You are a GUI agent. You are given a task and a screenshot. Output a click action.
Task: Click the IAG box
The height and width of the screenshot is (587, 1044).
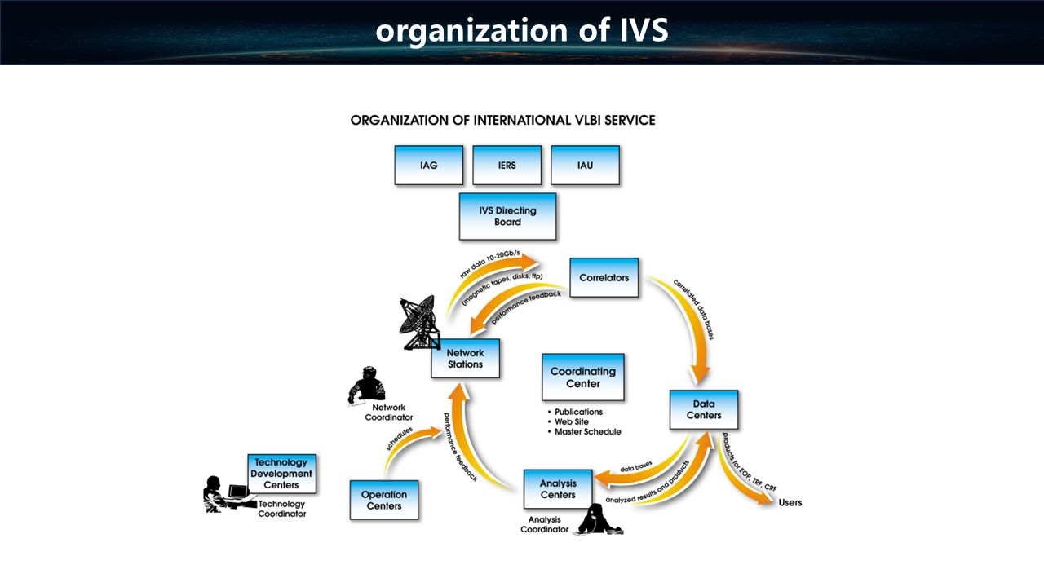(429, 165)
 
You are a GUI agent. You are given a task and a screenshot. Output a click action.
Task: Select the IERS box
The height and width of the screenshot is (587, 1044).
(507, 165)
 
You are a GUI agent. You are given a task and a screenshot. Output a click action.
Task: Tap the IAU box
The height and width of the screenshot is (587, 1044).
(585, 165)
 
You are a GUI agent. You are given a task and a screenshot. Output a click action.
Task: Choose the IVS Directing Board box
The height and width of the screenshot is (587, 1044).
(507, 216)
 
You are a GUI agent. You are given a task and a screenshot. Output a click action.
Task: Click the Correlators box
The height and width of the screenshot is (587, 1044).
(604, 278)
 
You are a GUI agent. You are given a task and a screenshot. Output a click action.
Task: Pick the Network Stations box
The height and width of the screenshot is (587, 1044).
(465, 359)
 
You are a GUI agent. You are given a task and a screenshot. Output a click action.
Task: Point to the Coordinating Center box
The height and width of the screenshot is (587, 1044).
(583, 377)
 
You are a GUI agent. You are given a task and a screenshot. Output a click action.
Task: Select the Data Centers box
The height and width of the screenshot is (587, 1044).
(704, 410)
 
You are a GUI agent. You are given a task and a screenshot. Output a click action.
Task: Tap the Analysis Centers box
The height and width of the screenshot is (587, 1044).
(558, 489)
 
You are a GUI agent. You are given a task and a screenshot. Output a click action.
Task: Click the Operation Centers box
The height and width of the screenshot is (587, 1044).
(384, 500)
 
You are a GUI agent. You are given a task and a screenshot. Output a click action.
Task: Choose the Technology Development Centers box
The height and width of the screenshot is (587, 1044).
(281, 474)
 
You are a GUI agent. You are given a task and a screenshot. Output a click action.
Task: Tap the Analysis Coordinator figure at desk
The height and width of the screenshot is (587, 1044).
(598, 520)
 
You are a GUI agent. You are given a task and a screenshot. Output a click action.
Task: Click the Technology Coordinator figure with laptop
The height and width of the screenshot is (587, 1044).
(224, 494)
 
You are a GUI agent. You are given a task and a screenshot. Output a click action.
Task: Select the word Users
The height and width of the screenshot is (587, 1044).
(790, 502)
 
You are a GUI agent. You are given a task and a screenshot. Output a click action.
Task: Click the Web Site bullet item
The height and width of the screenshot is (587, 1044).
(577, 421)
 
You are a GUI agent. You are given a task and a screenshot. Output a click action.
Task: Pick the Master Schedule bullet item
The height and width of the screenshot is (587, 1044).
(587, 431)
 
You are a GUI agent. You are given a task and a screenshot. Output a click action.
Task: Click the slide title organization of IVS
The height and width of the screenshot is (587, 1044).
(522, 31)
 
